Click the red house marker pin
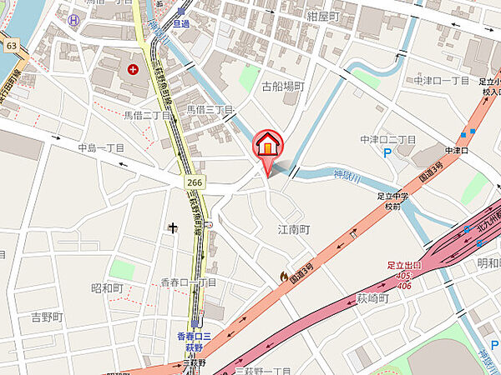point(266,146)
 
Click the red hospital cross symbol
point(132,69)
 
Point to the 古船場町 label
point(282,87)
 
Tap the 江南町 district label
point(293,227)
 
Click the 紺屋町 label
point(323,16)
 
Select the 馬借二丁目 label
point(146,115)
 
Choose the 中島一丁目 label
point(100,147)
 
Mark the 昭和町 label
point(107,288)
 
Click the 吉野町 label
point(47,317)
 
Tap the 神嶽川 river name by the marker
point(348,177)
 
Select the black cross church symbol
point(174,227)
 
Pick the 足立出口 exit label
point(406,266)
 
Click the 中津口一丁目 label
point(442,81)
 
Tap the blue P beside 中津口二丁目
point(386,153)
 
